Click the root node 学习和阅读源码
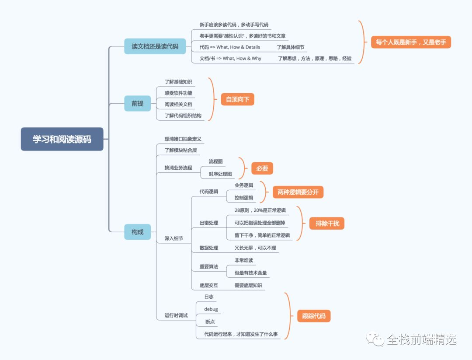click(x=62, y=139)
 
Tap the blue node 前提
click(x=137, y=103)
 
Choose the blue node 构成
click(x=137, y=232)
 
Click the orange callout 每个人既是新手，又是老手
click(x=410, y=42)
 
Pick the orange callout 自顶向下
click(x=237, y=99)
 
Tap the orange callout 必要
click(x=262, y=168)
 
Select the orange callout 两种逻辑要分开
click(x=298, y=192)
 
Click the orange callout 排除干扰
click(x=327, y=224)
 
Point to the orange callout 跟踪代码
click(x=314, y=316)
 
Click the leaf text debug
click(x=211, y=309)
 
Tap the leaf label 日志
click(x=209, y=297)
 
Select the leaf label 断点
click(x=210, y=322)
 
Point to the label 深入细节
click(x=174, y=238)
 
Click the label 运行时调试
click(x=176, y=315)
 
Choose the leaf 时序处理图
click(x=220, y=174)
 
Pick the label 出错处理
click(x=209, y=223)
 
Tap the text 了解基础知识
click(x=178, y=82)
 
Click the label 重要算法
click(x=209, y=266)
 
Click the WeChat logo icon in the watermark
click(x=375, y=339)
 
